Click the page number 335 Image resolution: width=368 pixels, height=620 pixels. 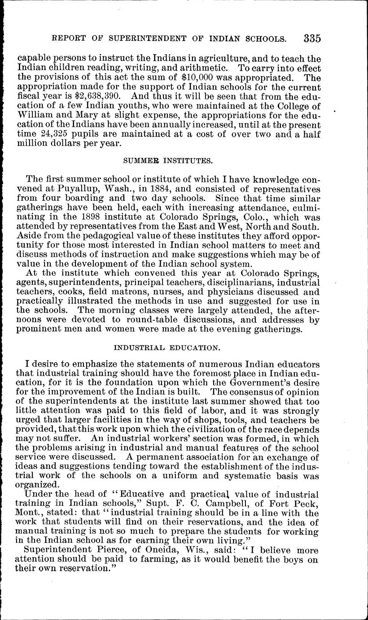click(312, 38)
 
